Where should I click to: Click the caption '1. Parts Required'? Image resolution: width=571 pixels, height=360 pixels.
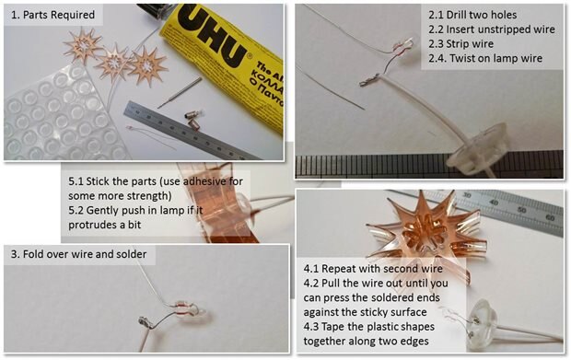point(52,15)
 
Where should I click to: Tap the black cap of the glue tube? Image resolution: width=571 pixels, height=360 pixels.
point(152,12)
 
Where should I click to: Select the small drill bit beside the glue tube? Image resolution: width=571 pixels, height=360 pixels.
point(180,92)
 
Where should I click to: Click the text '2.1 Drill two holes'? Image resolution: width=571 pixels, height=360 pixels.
point(472,15)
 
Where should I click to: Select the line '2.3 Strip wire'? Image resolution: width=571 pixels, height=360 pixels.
point(460,44)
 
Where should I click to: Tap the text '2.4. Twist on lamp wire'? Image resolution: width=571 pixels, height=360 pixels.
point(485,58)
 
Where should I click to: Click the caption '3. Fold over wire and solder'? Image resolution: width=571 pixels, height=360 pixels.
point(78,254)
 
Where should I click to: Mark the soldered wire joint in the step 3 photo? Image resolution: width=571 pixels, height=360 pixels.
point(145,321)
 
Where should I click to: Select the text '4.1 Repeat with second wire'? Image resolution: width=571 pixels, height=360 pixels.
point(373,269)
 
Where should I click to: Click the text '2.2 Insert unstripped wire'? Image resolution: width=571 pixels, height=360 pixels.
point(492,29)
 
